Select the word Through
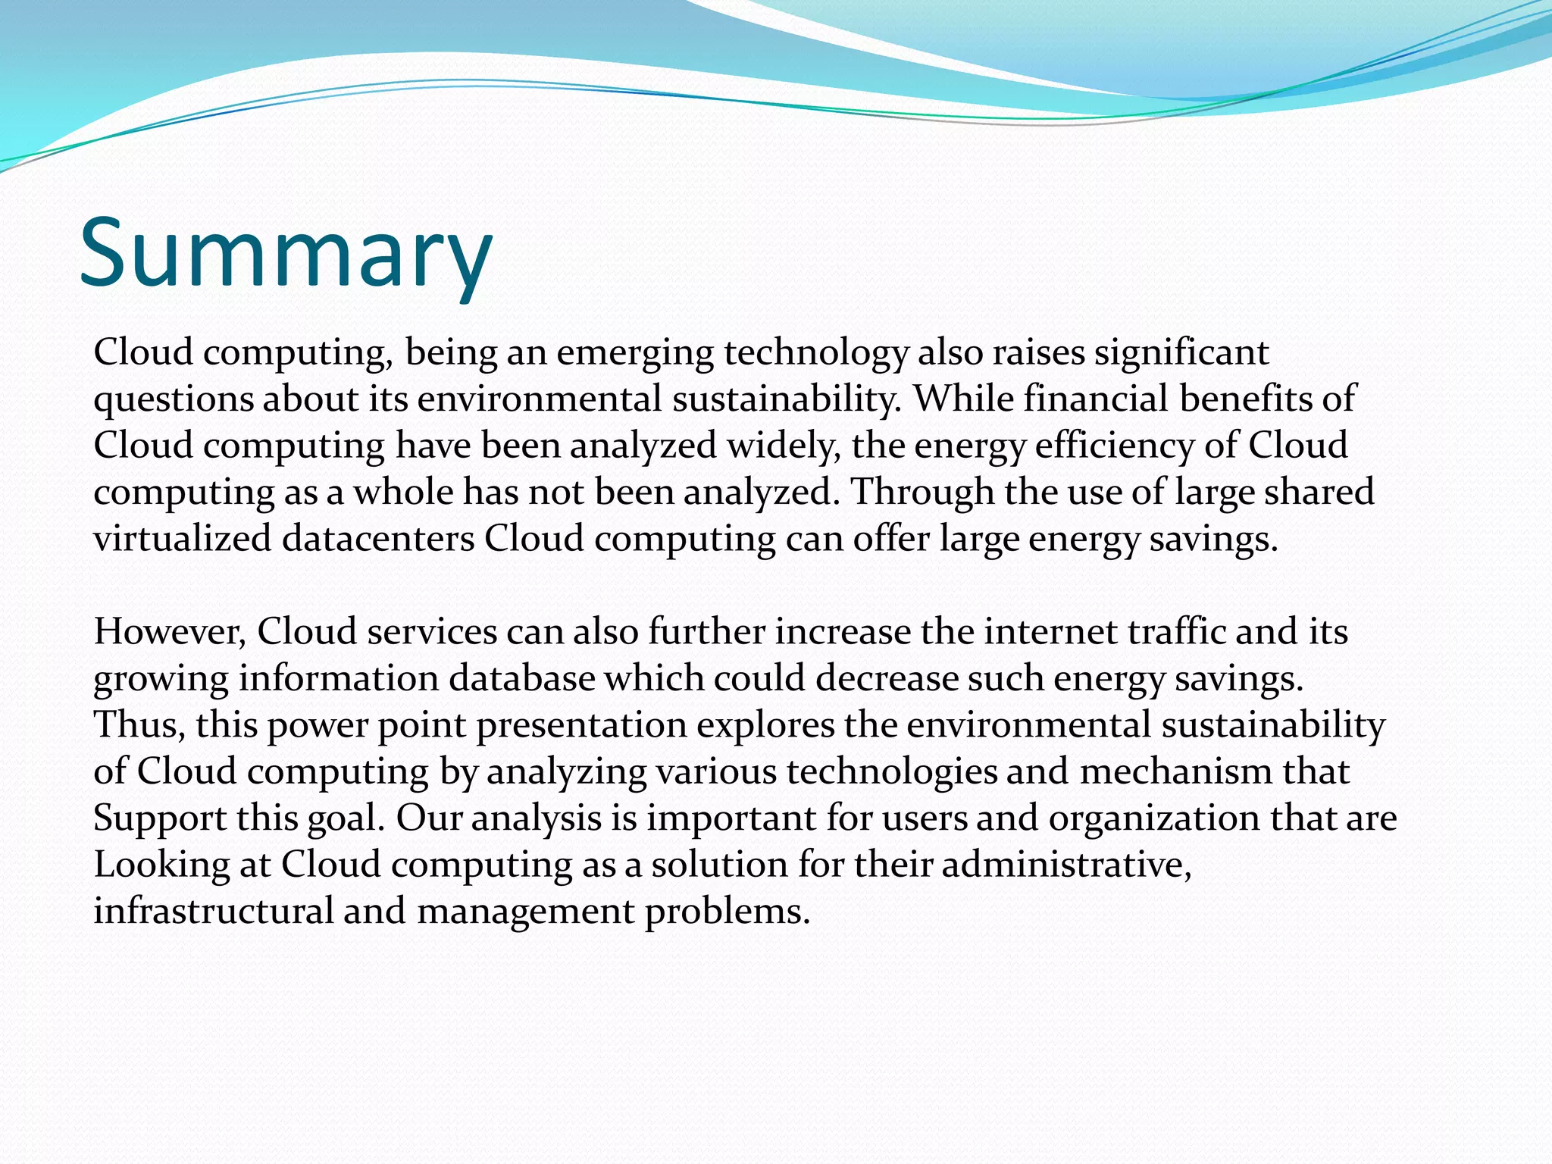click(x=922, y=492)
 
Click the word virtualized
click(x=182, y=539)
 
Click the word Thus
click(x=139, y=725)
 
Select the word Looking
click(x=161, y=865)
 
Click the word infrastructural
click(x=213, y=912)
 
